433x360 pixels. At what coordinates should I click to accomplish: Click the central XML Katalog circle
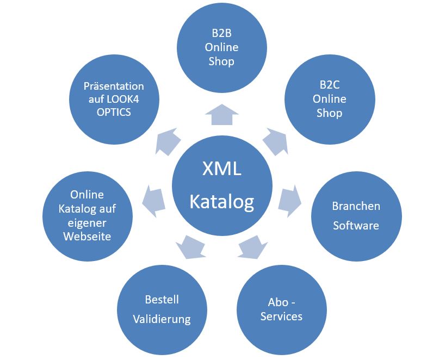coord(222,185)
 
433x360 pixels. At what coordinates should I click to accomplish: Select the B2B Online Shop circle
coord(222,47)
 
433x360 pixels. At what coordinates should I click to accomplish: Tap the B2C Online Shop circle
coord(330,99)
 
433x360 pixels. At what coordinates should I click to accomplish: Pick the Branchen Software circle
coord(356,216)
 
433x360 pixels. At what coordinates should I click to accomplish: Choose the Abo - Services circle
coord(282,310)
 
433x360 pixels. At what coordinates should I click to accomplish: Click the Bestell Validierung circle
coord(162,310)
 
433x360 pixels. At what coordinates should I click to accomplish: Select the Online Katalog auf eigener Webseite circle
coord(88,216)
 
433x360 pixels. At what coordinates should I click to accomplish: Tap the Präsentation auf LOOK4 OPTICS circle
coord(114,99)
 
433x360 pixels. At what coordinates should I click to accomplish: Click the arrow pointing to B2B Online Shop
coord(222,115)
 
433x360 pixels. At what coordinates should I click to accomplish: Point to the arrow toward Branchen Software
coord(289,201)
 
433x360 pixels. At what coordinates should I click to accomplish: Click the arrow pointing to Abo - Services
coord(252,247)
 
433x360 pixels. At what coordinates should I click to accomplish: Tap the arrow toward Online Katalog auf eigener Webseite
coord(154,201)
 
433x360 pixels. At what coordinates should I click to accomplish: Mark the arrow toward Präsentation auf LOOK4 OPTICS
coord(168,141)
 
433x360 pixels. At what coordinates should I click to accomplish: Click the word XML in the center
coord(222,169)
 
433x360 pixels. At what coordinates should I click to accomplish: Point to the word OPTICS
coord(114,113)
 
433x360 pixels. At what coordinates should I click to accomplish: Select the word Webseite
coord(87,237)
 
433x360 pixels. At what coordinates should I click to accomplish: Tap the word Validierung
coord(162,319)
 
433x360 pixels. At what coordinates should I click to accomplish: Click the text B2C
coord(330,85)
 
